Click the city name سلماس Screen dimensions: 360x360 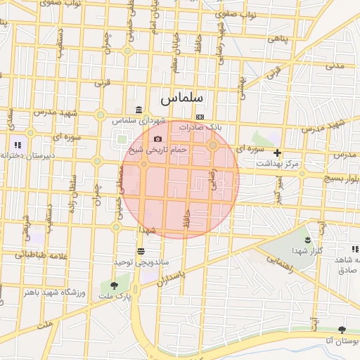tap(181, 96)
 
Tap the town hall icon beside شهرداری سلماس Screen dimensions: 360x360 tap(139, 110)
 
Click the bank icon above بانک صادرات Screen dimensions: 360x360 tap(200, 117)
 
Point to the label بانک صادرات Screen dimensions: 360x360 tap(200, 127)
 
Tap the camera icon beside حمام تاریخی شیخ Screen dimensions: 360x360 tap(157, 139)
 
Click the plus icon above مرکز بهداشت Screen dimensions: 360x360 tap(278, 153)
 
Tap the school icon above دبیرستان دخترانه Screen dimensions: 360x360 tap(18, 146)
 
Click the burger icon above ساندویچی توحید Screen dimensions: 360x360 tap(141, 251)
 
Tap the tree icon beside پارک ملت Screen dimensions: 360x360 tap(114, 285)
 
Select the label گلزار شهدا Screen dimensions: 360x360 tap(307, 250)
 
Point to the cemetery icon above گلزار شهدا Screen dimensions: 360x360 tap(307, 240)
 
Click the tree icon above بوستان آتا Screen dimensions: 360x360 tap(342, 330)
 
